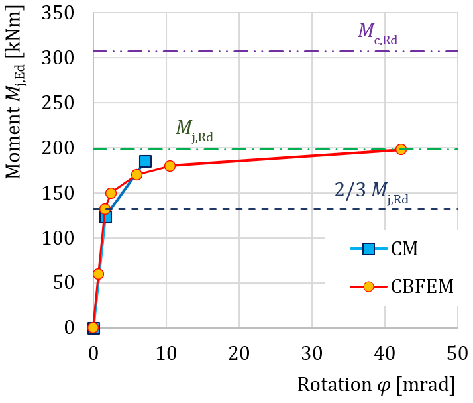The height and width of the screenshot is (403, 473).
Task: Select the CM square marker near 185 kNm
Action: tap(145, 161)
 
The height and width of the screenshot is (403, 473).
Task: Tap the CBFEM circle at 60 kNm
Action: tap(98, 274)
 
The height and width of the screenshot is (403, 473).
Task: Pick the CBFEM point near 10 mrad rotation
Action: tap(170, 166)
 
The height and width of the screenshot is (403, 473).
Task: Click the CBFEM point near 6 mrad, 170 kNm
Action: tap(136, 175)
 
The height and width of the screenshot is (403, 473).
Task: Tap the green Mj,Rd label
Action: tap(194, 129)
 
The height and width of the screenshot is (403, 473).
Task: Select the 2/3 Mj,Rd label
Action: tap(371, 192)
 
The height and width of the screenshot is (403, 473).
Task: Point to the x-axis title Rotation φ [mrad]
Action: tap(376, 385)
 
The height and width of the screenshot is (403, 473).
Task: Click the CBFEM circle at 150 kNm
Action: tap(111, 194)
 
